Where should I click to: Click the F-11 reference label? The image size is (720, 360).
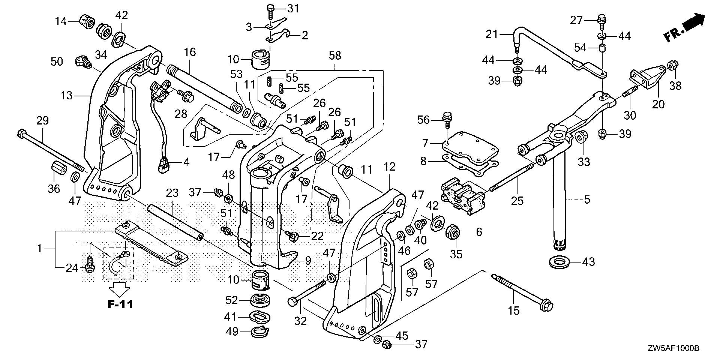tap(120, 304)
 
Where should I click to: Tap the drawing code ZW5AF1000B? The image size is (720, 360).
tap(678, 349)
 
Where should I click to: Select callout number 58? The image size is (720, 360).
tap(334, 56)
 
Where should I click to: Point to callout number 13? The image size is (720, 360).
tap(66, 96)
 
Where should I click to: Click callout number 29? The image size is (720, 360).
tap(42, 121)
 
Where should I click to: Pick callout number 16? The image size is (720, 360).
tap(190, 52)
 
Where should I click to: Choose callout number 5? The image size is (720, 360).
tap(587, 199)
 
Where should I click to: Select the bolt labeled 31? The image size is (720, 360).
tap(270, 10)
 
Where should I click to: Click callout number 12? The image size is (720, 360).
tap(390, 167)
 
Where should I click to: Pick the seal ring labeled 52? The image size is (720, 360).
tap(259, 301)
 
